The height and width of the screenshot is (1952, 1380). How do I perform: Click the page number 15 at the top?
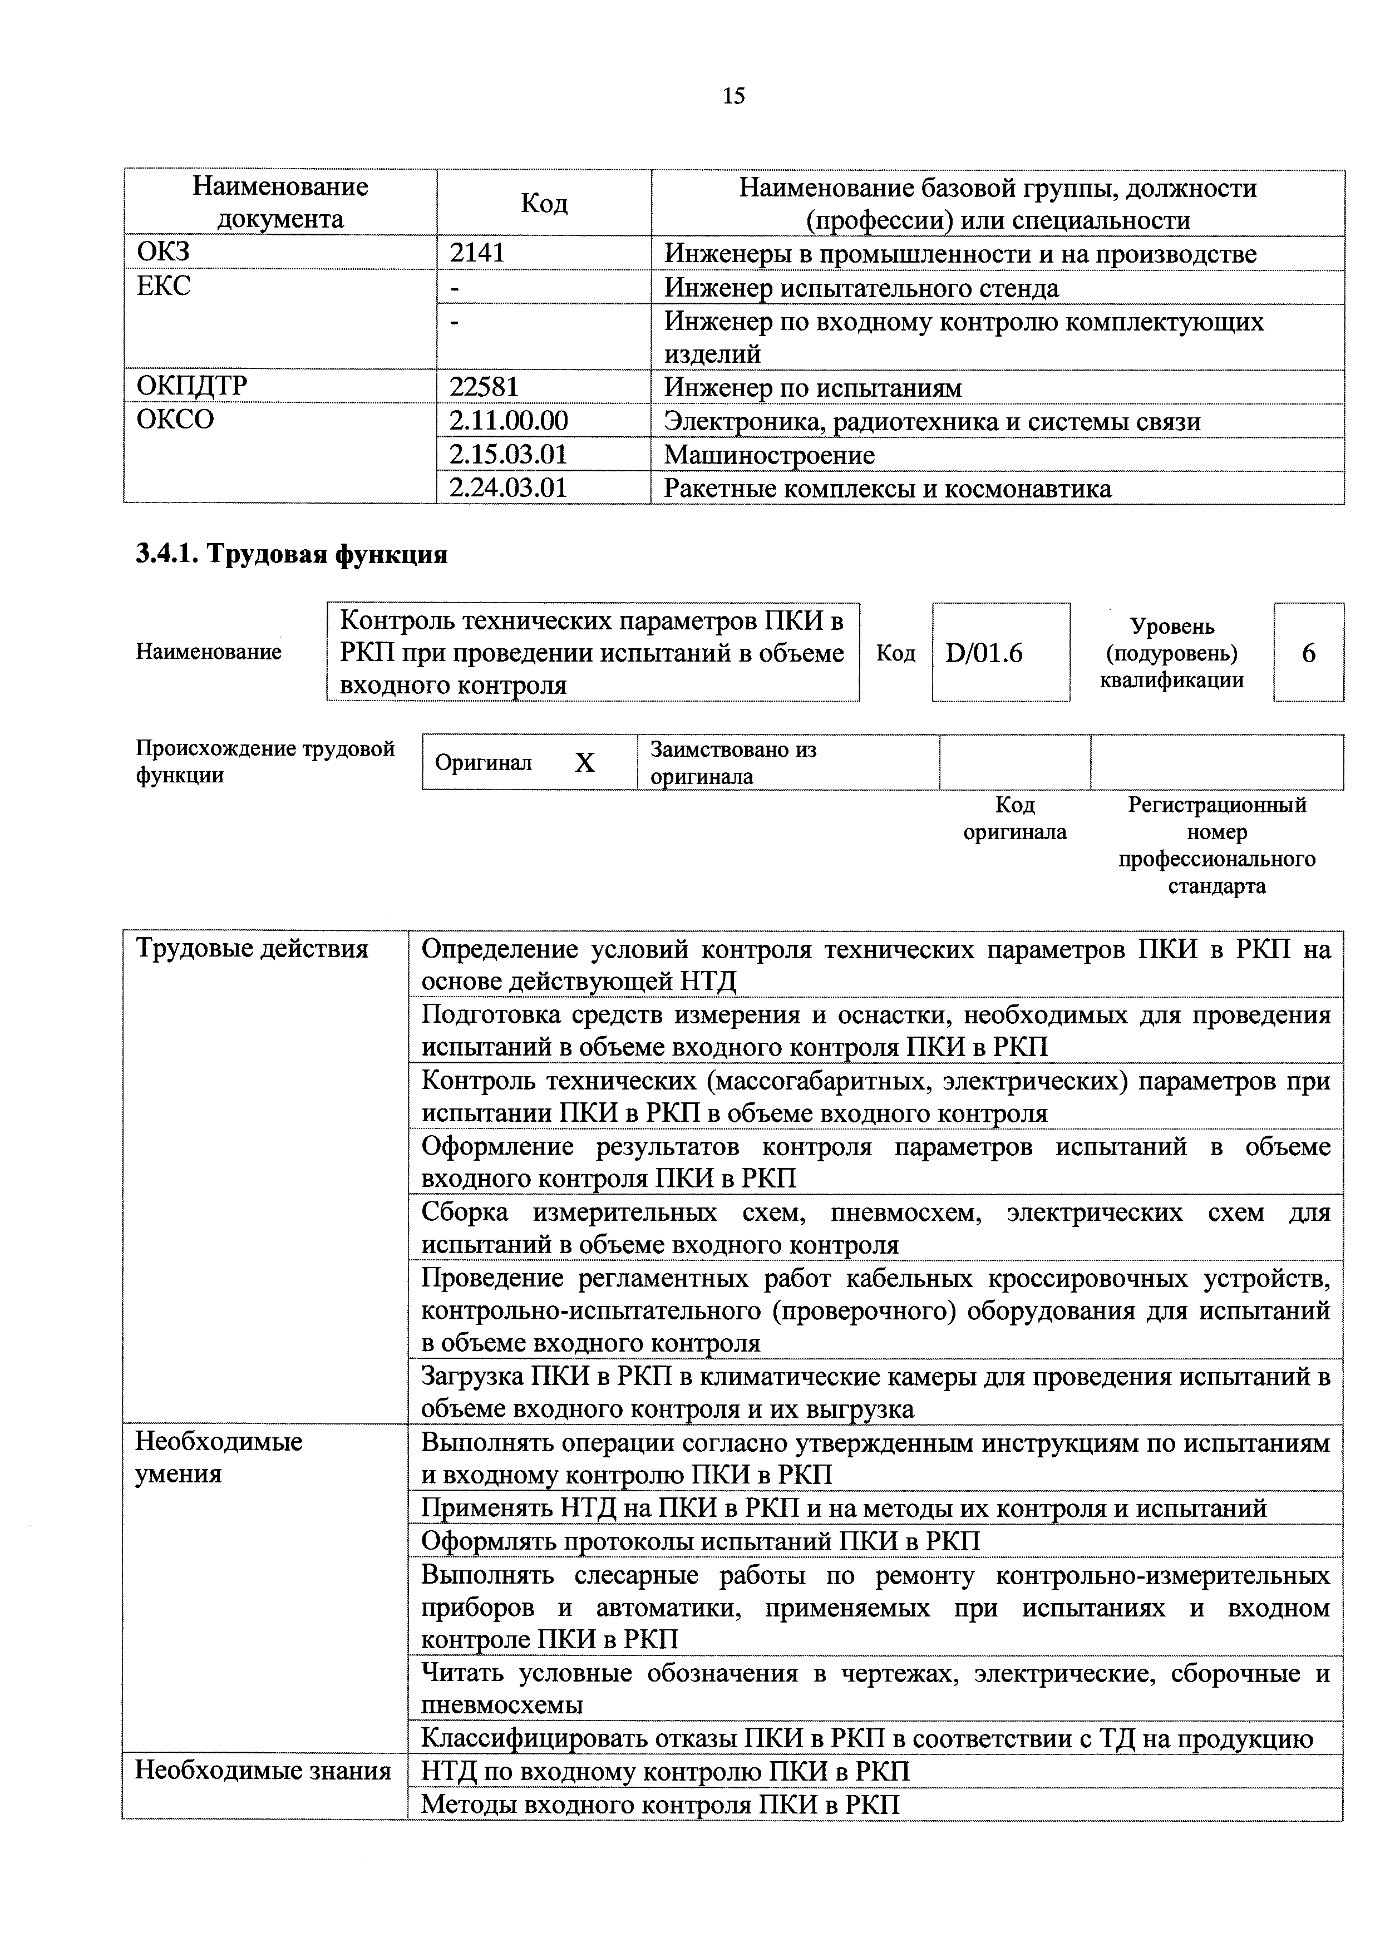733,96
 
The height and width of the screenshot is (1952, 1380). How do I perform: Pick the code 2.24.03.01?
507,488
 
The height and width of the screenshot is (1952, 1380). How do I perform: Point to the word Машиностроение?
768,455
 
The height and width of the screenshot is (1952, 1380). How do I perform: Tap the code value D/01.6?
984,653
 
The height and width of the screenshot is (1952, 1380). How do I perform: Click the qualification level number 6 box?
1308,653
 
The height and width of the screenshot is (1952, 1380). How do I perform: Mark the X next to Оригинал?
584,763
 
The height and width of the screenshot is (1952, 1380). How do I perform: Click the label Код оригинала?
1014,818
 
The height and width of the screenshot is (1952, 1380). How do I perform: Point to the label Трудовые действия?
252,949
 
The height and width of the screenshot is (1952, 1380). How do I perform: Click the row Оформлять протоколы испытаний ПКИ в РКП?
701,1541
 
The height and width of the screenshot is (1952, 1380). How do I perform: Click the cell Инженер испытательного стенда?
861,288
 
